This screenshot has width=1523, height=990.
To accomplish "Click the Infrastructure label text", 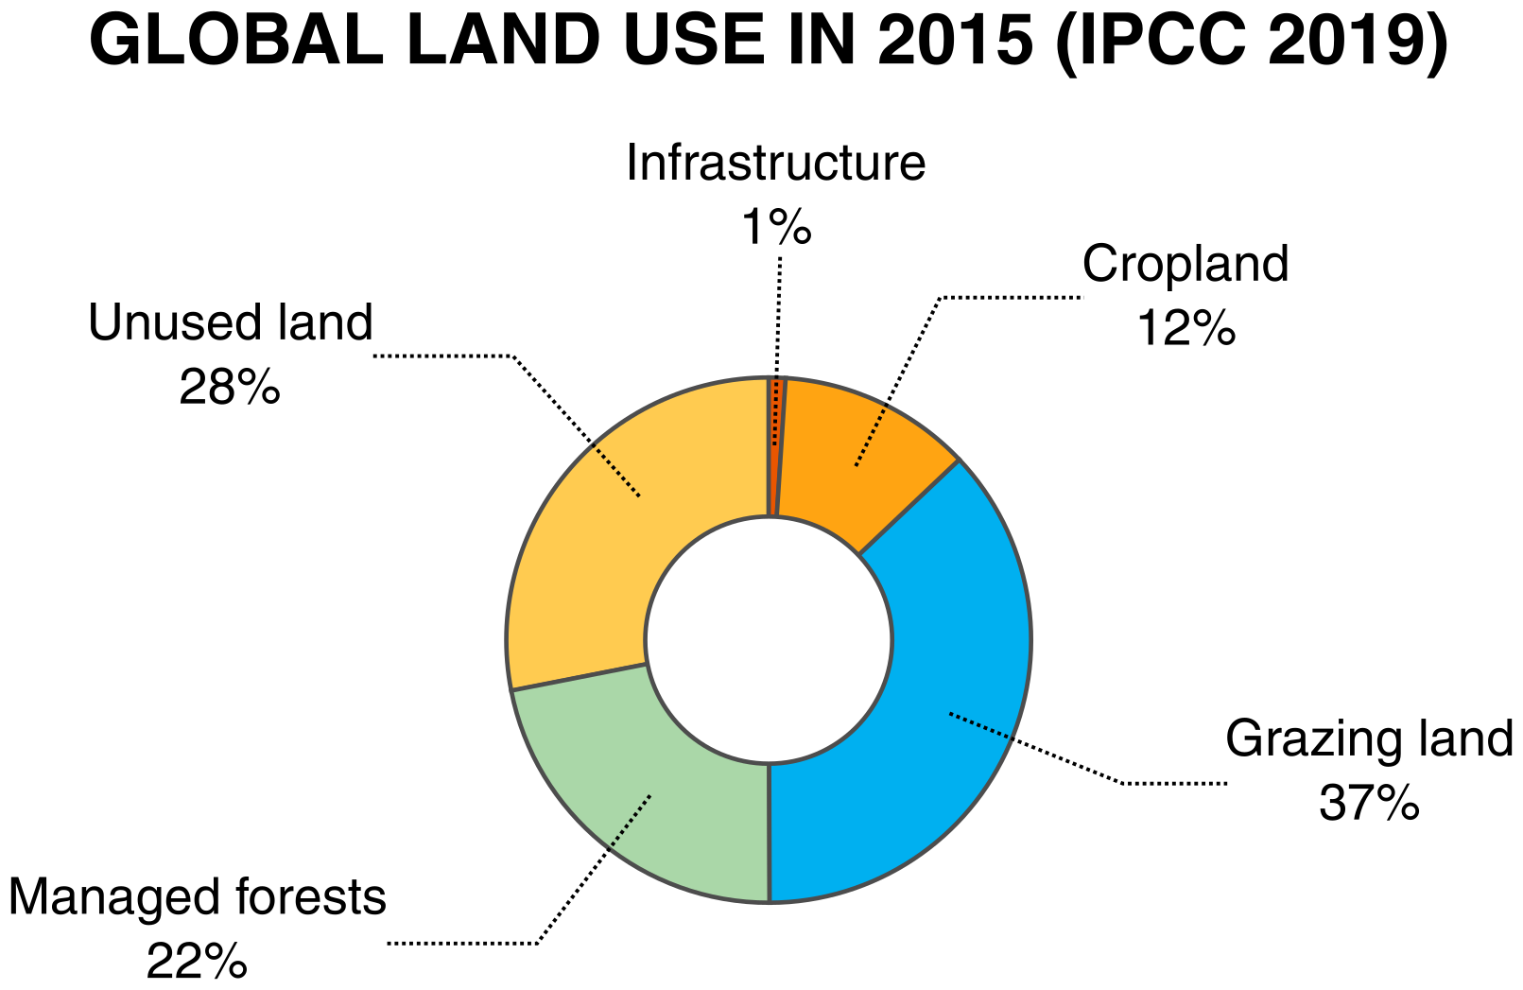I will pyautogui.click(x=775, y=163).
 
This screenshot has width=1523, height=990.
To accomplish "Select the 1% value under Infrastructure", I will pyautogui.click(x=775, y=227).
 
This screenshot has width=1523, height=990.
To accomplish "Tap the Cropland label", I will pyautogui.click(x=1186, y=264).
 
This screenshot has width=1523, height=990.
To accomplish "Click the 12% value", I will pyautogui.click(x=1186, y=328).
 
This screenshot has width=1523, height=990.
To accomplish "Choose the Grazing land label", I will pyautogui.click(x=1369, y=738).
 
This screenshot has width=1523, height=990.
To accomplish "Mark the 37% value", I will pyautogui.click(x=1369, y=803).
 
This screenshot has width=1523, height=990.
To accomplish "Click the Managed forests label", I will pyautogui.click(x=198, y=897).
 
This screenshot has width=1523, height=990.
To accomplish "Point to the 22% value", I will pyautogui.click(x=197, y=963).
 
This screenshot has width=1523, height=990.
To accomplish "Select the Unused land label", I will pyautogui.click(x=231, y=322).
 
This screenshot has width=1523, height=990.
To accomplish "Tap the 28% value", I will pyautogui.click(x=230, y=387).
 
